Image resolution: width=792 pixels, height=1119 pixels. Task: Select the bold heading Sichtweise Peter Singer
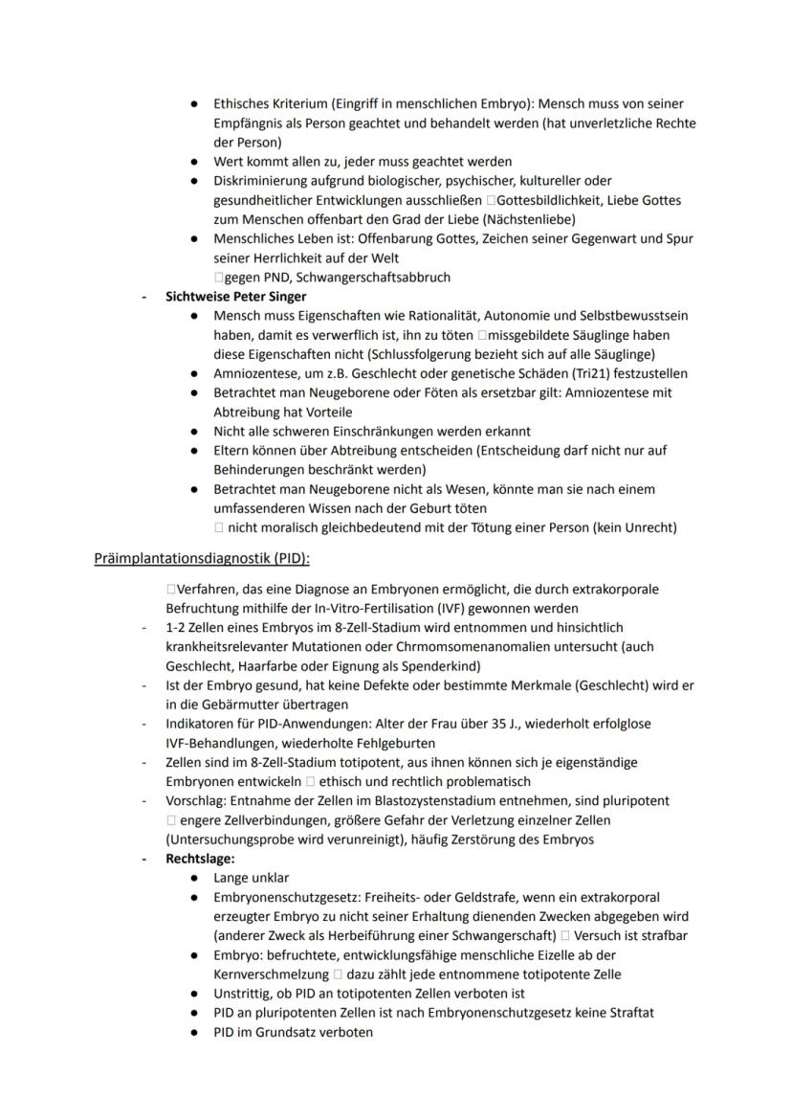[235, 297]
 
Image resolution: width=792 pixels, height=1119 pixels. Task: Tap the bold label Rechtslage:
[200, 860]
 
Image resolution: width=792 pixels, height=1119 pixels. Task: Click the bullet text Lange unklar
[251, 879]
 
